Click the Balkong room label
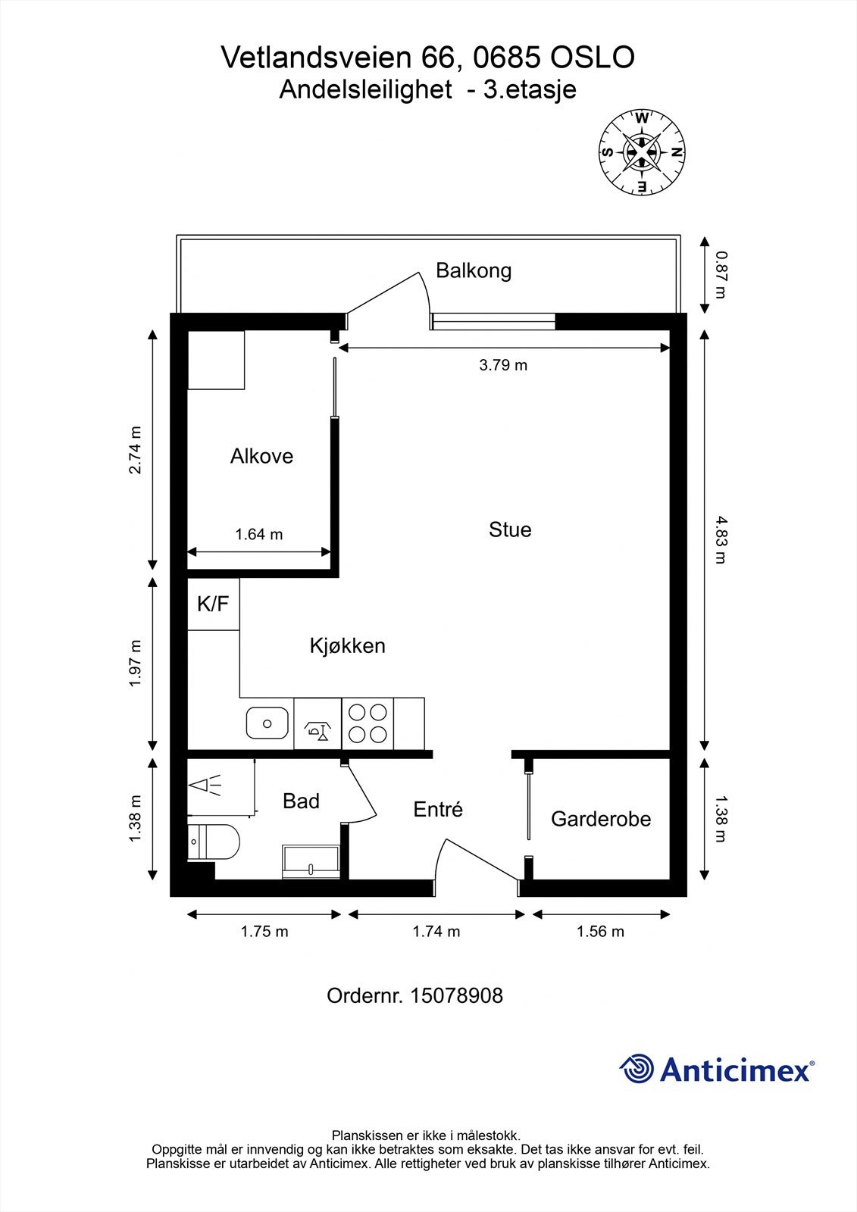(474, 270)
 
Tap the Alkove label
(261, 456)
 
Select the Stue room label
(510, 529)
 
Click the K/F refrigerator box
(213, 604)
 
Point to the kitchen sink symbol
(267, 723)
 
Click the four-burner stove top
(368, 723)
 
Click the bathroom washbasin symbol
(311, 862)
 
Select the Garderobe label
(601, 819)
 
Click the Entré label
(438, 810)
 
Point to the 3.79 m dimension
(503, 365)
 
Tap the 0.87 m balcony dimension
(720, 275)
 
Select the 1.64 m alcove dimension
(259, 534)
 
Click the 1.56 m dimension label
(600, 931)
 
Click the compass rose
(642, 151)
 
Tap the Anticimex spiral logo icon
(636, 1070)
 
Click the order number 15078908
(456, 995)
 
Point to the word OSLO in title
(593, 58)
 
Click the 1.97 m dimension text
(136, 663)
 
